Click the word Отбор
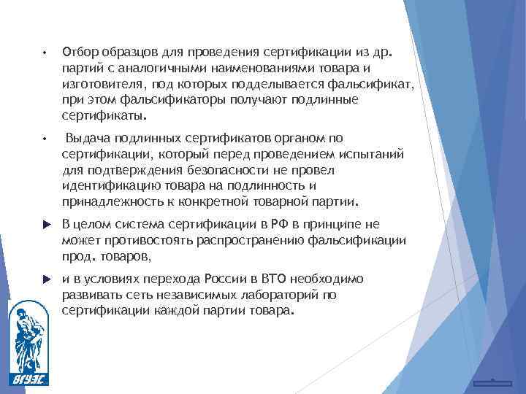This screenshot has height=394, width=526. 77,53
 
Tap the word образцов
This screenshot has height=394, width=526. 124,53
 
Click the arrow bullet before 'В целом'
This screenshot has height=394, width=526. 45,224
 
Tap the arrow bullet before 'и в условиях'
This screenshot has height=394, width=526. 45,279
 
